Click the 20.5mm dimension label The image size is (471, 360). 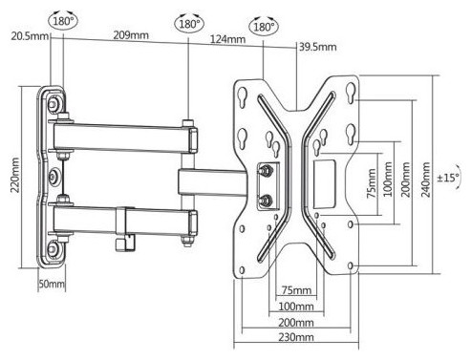coord(30,35)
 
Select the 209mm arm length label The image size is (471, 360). coord(131,35)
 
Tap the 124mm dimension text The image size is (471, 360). coord(227,39)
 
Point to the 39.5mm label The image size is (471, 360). coord(317,47)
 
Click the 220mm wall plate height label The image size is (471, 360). coord(15,175)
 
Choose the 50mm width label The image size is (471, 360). coord(52,284)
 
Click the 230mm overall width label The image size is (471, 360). coord(296,337)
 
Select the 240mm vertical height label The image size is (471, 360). coord(426,180)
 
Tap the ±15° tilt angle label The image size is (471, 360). coord(448,178)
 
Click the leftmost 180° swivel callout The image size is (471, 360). coord(63,21)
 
